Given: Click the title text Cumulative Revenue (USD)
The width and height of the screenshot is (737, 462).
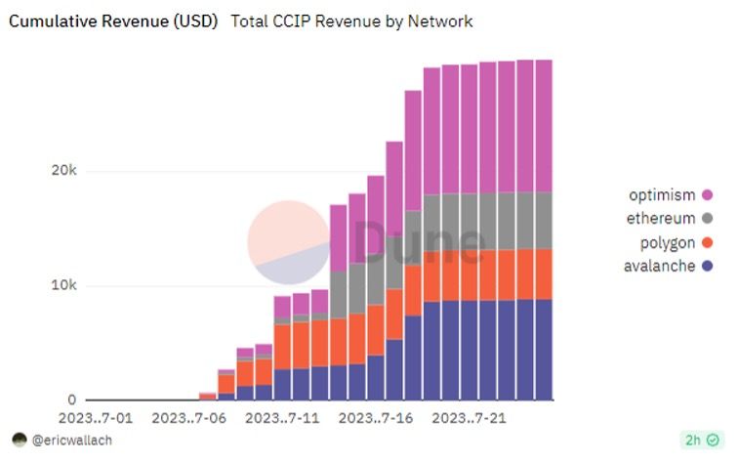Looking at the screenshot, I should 113,21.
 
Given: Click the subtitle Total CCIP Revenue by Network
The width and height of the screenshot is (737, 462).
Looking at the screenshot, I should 351,21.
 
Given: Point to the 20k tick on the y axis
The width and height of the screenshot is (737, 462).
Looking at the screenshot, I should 63,171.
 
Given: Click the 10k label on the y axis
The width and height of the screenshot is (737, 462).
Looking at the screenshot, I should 63,286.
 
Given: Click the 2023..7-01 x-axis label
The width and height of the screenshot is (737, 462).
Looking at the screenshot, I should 97,418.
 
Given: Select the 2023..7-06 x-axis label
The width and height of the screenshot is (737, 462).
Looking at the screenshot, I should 190,418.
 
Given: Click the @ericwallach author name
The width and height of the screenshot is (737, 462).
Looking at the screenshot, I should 72,441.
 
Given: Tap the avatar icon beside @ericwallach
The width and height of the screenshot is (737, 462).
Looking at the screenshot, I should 19,441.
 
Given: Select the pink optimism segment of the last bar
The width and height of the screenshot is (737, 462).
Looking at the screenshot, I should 544,125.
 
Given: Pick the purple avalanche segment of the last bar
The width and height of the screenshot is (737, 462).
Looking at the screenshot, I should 544,350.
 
